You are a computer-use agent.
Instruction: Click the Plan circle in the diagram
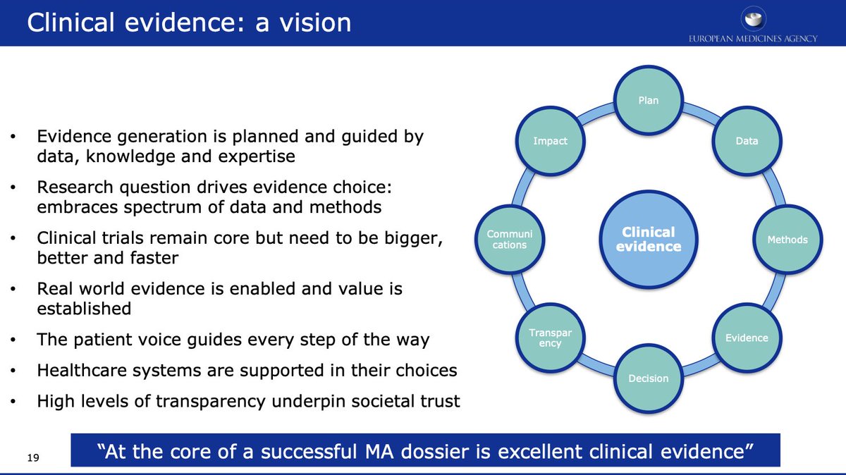coord(648,100)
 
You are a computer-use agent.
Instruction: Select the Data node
coord(747,141)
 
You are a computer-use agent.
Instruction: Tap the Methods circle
coord(787,240)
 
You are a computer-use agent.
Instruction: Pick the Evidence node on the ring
coord(747,338)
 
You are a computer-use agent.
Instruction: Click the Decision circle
coord(648,378)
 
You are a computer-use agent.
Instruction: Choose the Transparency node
coord(550,338)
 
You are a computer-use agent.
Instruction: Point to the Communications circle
coord(509,240)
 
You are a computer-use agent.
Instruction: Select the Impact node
coord(550,141)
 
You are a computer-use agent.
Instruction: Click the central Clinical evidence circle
coord(648,239)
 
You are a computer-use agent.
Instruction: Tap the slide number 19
coord(32,459)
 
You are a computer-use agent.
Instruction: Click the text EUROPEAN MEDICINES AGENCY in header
coord(753,38)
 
